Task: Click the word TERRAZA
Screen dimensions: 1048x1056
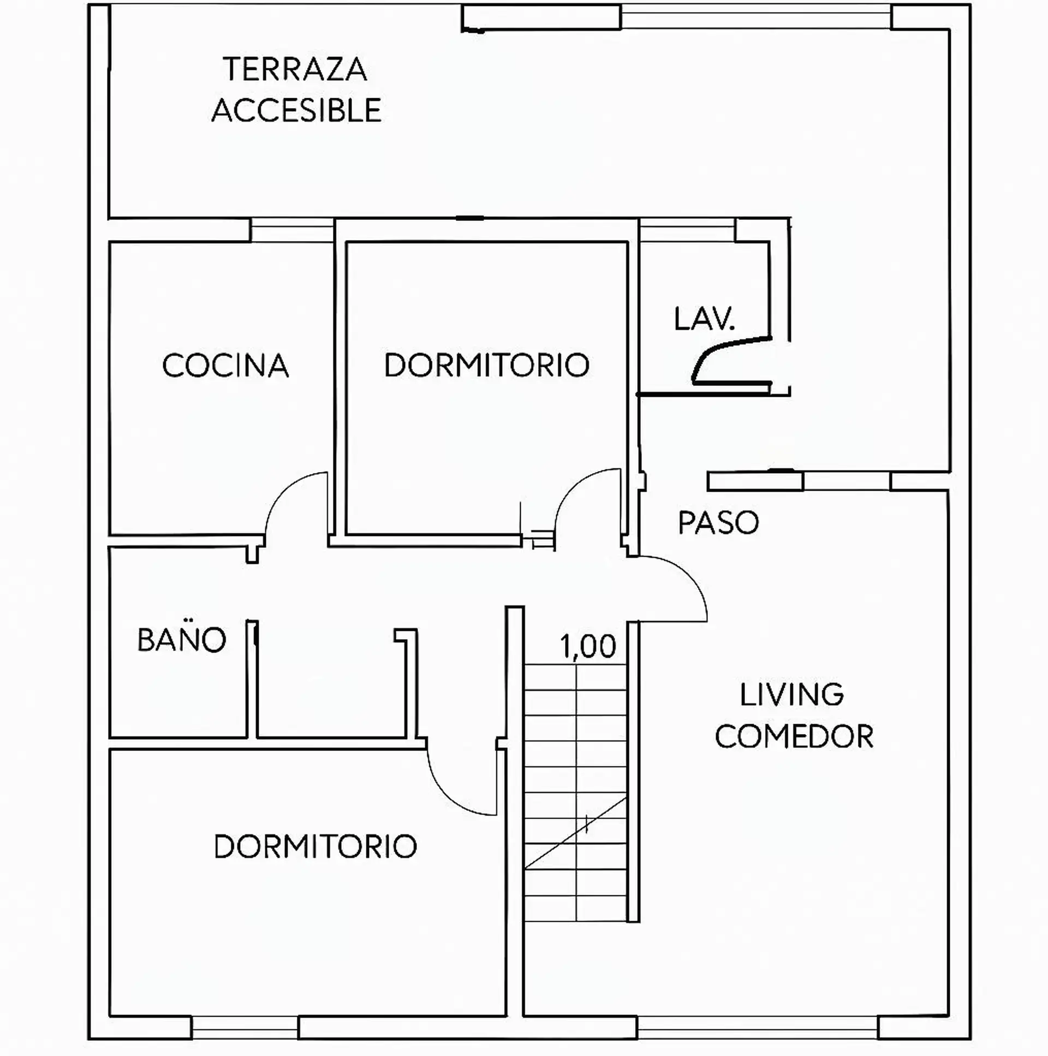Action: [295, 69]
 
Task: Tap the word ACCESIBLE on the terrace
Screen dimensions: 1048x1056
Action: [296, 110]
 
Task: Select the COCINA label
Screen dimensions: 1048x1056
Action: [225, 366]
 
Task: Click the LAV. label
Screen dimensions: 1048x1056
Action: [704, 319]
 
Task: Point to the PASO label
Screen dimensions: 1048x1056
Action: [718, 522]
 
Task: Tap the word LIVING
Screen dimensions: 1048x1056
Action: [791, 695]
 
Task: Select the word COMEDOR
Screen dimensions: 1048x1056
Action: [794, 736]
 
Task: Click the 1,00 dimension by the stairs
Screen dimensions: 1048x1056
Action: [588, 647]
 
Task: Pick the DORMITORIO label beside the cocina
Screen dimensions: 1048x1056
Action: [486, 365]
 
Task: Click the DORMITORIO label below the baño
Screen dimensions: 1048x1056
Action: [315, 846]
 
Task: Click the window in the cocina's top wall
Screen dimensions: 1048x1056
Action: [292, 230]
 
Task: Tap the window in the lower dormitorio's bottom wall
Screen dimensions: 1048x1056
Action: [245, 1027]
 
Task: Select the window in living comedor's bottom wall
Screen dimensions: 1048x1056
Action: [758, 1027]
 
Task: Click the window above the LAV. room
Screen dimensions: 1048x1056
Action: [688, 230]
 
